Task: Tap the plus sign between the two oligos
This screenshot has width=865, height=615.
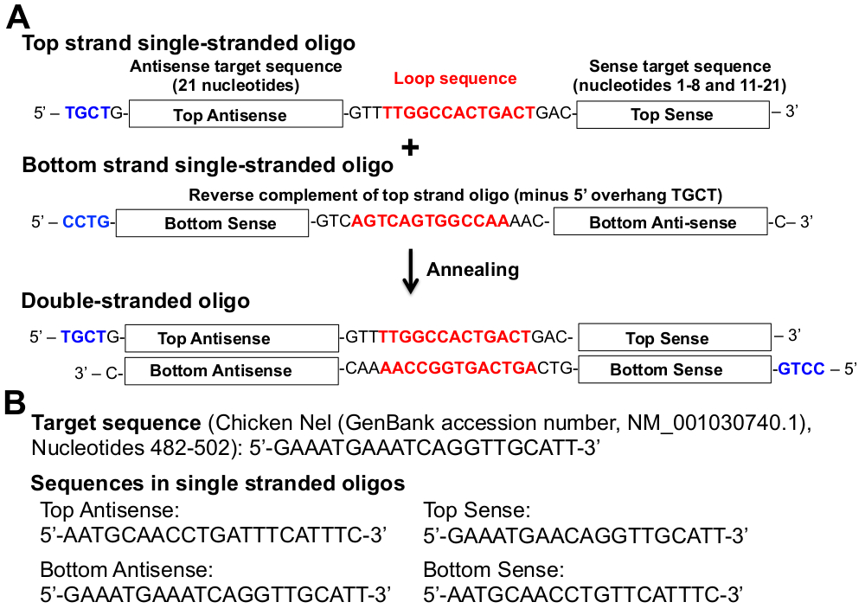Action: click(x=410, y=148)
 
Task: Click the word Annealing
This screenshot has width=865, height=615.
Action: click(x=472, y=269)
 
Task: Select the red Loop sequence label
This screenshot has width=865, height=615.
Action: click(x=455, y=79)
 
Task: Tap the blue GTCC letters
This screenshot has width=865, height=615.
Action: click(x=797, y=369)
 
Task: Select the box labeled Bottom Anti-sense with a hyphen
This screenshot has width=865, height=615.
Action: click(x=662, y=222)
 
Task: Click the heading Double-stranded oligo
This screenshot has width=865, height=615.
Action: click(x=136, y=301)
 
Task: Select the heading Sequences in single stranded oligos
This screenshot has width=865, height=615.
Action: click(x=218, y=483)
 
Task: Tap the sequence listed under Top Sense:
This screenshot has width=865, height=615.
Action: click(x=586, y=536)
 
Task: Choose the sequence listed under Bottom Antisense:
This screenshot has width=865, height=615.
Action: click(x=215, y=594)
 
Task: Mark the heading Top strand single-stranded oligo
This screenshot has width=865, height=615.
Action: click(x=189, y=42)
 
